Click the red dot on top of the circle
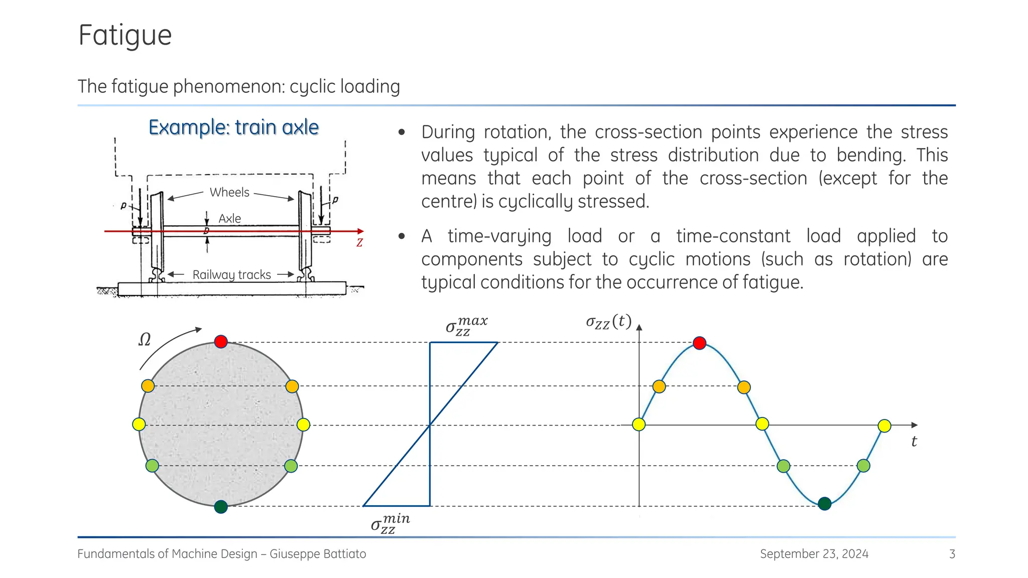click(x=221, y=342)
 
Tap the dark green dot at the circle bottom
click(x=221, y=507)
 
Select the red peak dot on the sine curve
click(x=699, y=343)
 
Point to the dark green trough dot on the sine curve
click(x=824, y=504)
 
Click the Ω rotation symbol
click(x=145, y=340)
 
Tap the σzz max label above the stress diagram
click(x=466, y=325)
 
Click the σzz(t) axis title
click(x=608, y=322)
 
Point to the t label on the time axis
click(x=914, y=442)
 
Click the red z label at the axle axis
click(x=359, y=243)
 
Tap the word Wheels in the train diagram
click(x=229, y=193)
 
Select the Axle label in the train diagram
click(x=229, y=219)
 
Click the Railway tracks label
click(x=232, y=275)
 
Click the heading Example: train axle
click(x=233, y=127)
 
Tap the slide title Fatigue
click(x=125, y=36)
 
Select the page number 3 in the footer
click(x=952, y=554)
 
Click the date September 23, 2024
click(x=814, y=554)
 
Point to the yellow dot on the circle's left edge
click(x=139, y=424)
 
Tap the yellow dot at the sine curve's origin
click(x=638, y=424)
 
